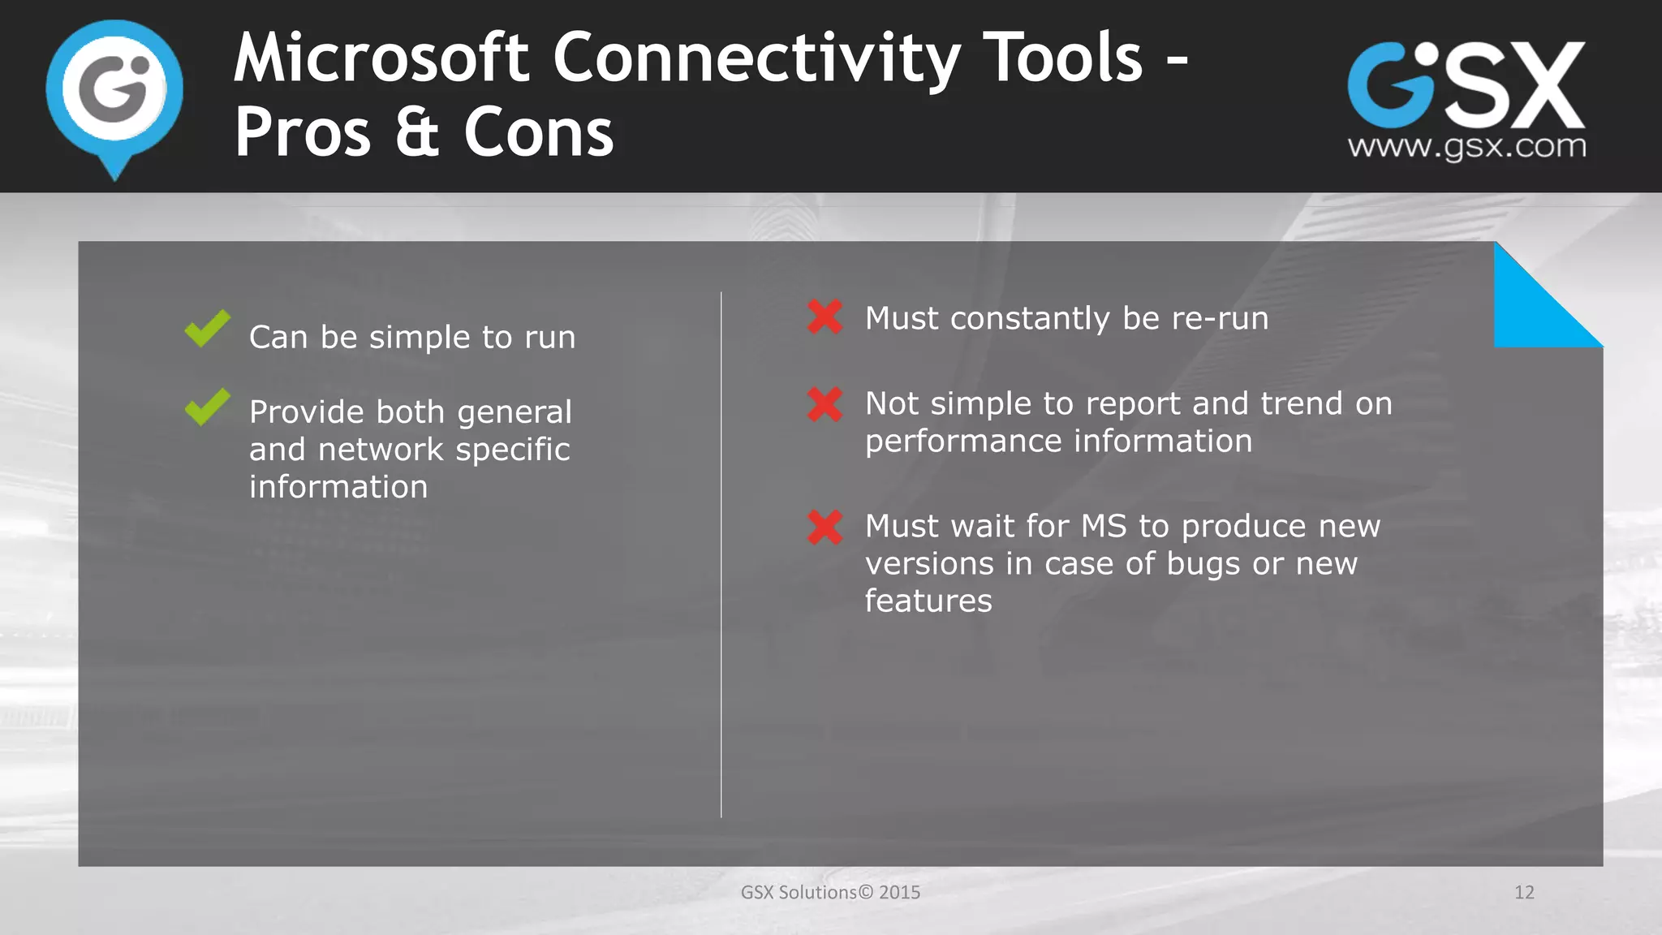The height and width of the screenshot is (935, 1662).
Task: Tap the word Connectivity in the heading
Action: (756, 58)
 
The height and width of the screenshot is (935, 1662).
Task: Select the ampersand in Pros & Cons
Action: (417, 132)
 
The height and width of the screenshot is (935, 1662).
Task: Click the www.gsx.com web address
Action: (1466, 147)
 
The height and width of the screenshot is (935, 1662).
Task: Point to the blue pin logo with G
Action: (114, 93)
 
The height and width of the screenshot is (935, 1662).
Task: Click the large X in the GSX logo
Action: (1540, 85)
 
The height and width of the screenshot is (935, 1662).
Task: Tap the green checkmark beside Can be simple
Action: (207, 328)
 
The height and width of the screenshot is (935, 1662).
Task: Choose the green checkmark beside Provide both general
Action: (207, 406)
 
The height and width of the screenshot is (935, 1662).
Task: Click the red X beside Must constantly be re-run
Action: (825, 317)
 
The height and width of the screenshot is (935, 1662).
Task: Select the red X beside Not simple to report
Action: (825, 404)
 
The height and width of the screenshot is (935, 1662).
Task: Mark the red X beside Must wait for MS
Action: (825, 527)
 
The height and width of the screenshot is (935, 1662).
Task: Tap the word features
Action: (928, 601)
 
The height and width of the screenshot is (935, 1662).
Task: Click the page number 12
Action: (1524, 893)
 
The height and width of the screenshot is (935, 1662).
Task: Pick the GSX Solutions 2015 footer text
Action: (830, 893)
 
